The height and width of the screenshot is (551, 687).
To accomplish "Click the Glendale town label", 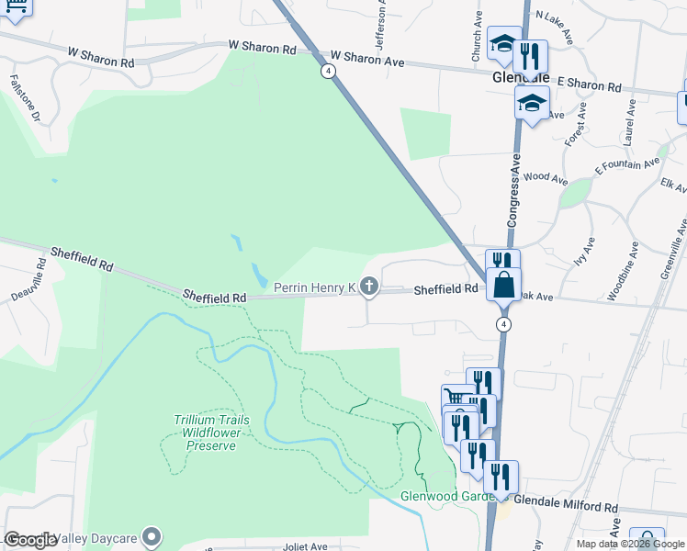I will pyautogui.click(x=520, y=77).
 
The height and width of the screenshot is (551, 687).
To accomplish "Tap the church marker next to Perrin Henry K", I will pyautogui.click(x=369, y=288).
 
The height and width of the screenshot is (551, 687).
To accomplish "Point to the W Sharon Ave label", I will pyautogui.click(x=367, y=58).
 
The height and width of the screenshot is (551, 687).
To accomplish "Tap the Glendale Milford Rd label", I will pyautogui.click(x=565, y=506).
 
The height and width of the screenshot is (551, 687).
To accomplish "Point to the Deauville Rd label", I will pyautogui.click(x=28, y=287).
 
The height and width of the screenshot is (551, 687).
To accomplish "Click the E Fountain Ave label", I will pyautogui.click(x=627, y=165).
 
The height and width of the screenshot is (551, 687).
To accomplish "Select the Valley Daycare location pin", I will pyautogui.click(x=152, y=536).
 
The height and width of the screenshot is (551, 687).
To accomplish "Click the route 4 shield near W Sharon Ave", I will pyautogui.click(x=328, y=70).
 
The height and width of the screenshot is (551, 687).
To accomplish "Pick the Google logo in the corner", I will pyautogui.click(x=30, y=539).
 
